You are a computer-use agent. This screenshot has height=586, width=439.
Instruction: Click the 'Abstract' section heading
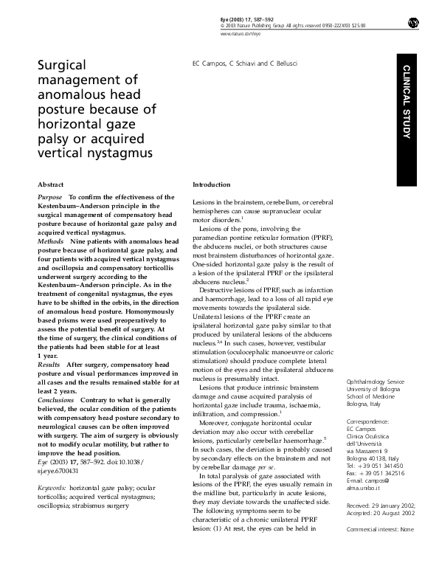click(x=51, y=184)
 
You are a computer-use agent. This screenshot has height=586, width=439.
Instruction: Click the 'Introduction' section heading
click(x=212, y=184)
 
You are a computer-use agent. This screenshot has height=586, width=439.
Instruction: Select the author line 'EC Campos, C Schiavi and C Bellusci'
click(x=236, y=65)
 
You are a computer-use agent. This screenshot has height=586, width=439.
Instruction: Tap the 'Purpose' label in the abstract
click(x=49, y=198)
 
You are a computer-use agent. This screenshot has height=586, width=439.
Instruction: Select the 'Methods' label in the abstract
click(x=50, y=241)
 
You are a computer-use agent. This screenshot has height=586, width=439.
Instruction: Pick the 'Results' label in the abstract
click(x=49, y=365)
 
